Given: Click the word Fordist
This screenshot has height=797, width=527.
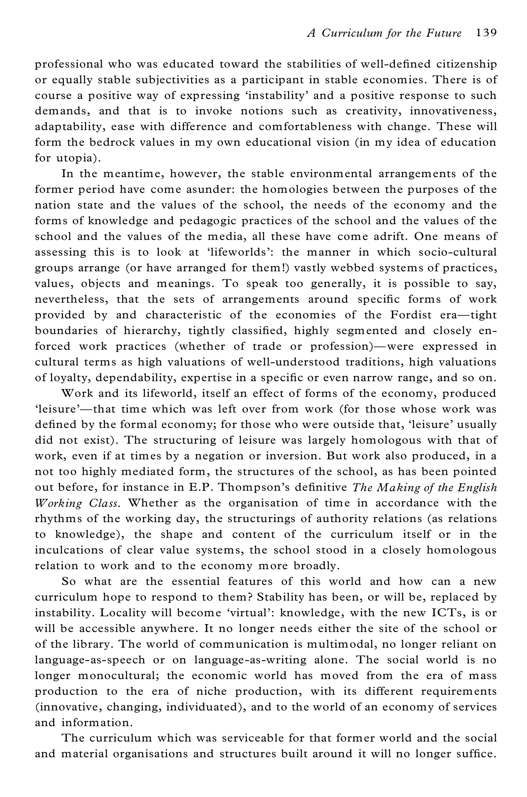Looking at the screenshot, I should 410,315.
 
